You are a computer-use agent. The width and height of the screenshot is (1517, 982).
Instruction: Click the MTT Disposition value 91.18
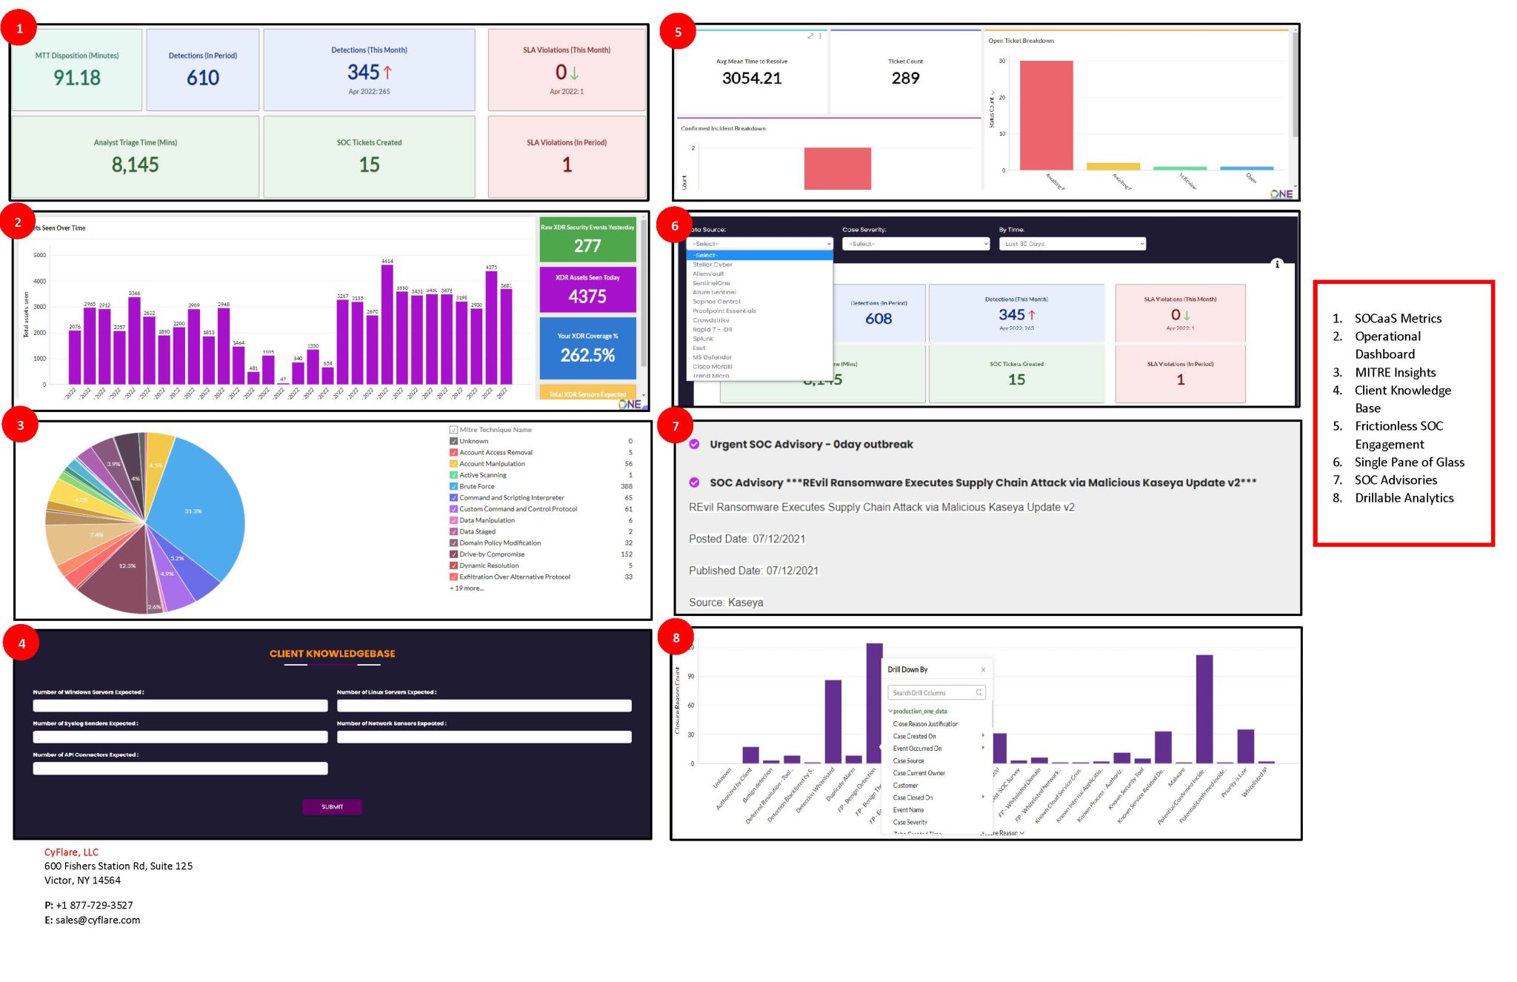pyautogui.click(x=77, y=78)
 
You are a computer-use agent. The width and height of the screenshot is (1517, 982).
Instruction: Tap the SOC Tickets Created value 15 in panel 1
pyautogui.click(x=369, y=165)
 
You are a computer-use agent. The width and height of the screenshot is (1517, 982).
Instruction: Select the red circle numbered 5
pyautogui.click(x=677, y=31)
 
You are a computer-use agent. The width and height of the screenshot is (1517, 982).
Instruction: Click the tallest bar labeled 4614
pyautogui.click(x=387, y=323)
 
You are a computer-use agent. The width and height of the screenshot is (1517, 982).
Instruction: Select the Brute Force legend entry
pyautogui.click(x=476, y=486)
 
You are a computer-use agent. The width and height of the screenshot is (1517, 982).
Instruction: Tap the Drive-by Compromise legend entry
pyautogui.click(x=491, y=554)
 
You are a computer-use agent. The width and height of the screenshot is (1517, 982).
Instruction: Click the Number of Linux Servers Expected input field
pyautogui.click(x=484, y=706)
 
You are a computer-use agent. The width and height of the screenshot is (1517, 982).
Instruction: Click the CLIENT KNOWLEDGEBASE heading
pyautogui.click(x=332, y=654)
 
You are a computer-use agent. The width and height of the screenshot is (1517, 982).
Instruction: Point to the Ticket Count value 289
pyautogui.click(x=905, y=79)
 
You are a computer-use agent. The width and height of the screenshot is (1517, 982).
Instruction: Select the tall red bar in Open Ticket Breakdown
pyautogui.click(x=1046, y=115)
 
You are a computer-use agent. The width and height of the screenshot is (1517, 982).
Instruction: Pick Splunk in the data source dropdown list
pyautogui.click(x=703, y=339)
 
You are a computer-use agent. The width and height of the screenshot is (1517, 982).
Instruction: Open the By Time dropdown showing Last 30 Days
pyautogui.click(x=1071, y=244)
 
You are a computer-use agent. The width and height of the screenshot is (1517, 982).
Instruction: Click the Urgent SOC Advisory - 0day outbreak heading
pyautogui.click(x=810, y=445)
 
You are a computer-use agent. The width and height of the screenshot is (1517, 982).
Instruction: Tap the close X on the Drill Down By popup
pyautogui.click(x=983, y=670)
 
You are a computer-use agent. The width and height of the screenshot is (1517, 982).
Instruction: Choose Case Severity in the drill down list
pyautogui.click(x=910, y=822)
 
